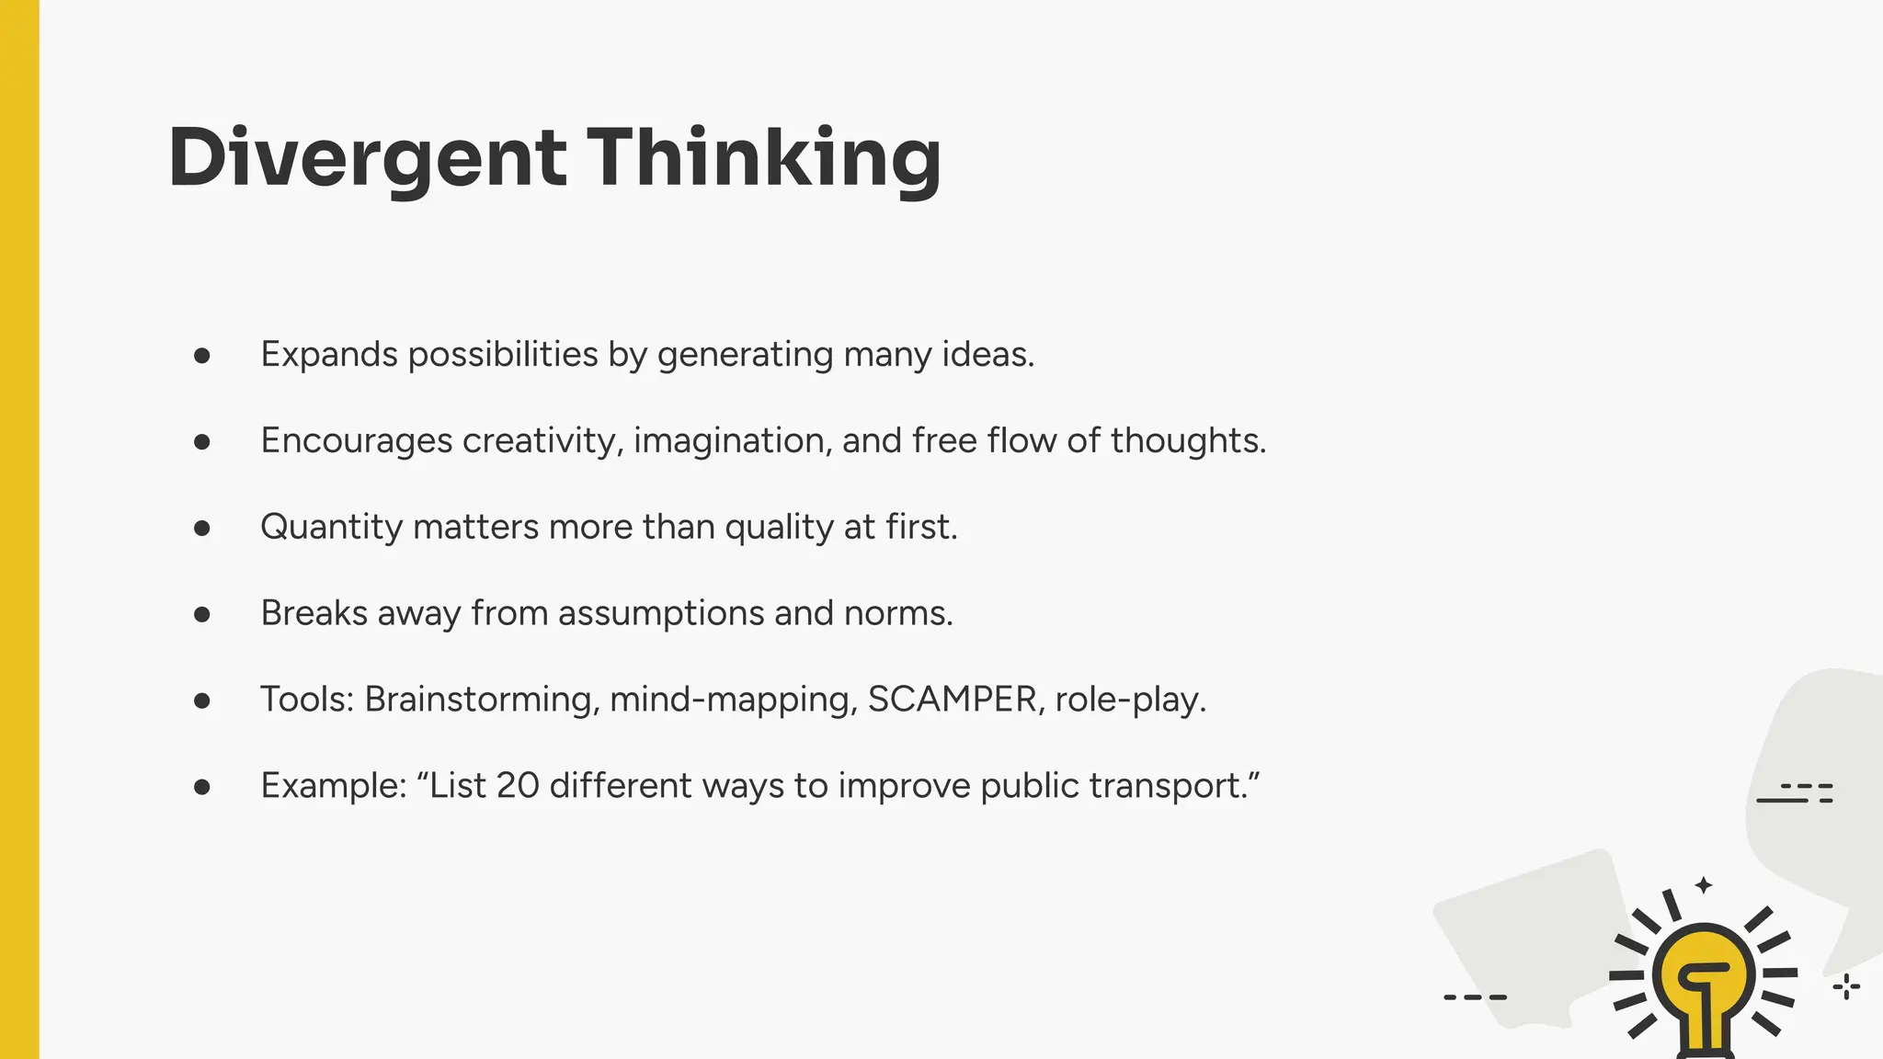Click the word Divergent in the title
tap(367, 158)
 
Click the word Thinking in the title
tap(763, 158)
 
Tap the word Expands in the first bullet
tap(329, 355)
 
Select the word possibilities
tap(503, 355)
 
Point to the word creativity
tap(542, 441)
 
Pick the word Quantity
tap(331, 528)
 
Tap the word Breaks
tap(314, 613)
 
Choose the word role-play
tap(1130, 700)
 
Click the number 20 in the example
tap(517, 786)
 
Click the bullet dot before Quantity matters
tap(202, 528)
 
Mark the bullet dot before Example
tap(202, 786)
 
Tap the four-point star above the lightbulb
tap(1704, 885)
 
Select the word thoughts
tap(1187, 441)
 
